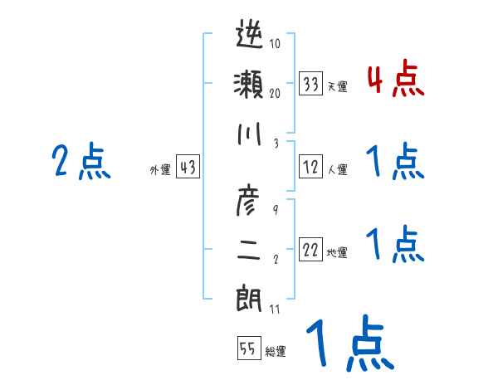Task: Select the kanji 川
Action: coord(250,135)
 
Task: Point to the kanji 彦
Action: coord(250,199)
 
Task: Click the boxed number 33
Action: coord(311,84)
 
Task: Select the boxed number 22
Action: coord(311,250)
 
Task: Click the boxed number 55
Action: coord(248,349)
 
